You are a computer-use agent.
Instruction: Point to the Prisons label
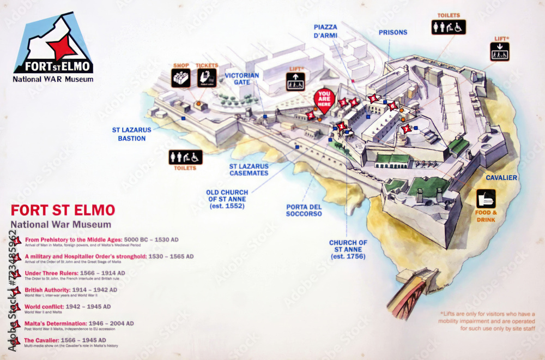coord(393,32)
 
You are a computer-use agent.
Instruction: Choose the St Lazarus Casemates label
coord(249,169)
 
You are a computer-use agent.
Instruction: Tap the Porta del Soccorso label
coord(304,210)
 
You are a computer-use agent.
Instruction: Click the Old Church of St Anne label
coord(227,199)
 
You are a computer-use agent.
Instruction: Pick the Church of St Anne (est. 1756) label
coord(348,249)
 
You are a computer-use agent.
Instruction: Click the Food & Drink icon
coord(486,198)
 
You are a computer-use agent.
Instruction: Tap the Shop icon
coord(181,78)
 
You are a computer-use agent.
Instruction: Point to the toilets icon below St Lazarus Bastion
coord(185,157)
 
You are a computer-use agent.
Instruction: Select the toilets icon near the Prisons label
coord(449,27)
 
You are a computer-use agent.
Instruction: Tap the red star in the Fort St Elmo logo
coord(61,48)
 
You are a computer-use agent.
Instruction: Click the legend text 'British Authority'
coord(48,290)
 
